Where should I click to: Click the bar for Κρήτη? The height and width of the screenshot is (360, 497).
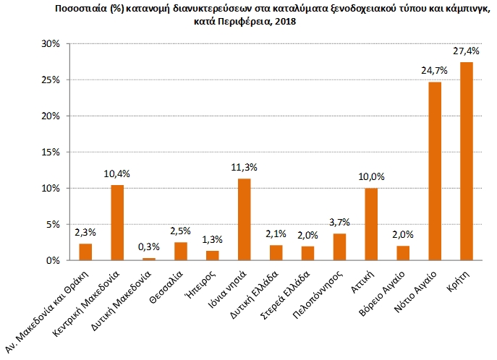point(467,161)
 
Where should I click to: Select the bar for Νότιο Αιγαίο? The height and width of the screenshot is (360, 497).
point(435,171)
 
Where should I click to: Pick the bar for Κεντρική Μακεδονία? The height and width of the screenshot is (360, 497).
point(117,223)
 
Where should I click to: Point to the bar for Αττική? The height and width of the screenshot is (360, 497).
point(371,224)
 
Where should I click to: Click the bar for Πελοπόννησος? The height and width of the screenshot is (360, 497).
point(339,247)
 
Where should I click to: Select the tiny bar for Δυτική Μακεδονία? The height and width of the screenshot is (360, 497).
point(149,259)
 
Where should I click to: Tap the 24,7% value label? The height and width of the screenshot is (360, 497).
point(435,70)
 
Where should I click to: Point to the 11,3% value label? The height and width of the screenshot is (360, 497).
point(245,167)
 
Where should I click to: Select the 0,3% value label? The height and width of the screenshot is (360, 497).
point(149,247)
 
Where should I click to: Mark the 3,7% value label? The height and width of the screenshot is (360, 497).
point(339,222)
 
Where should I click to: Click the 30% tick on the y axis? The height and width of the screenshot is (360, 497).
point(50,43)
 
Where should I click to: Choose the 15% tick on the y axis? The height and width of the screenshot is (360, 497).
point(50,152)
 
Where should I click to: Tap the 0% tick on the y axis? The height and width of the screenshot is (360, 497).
point(53,260)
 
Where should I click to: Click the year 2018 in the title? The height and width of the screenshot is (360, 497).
point(284,22)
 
